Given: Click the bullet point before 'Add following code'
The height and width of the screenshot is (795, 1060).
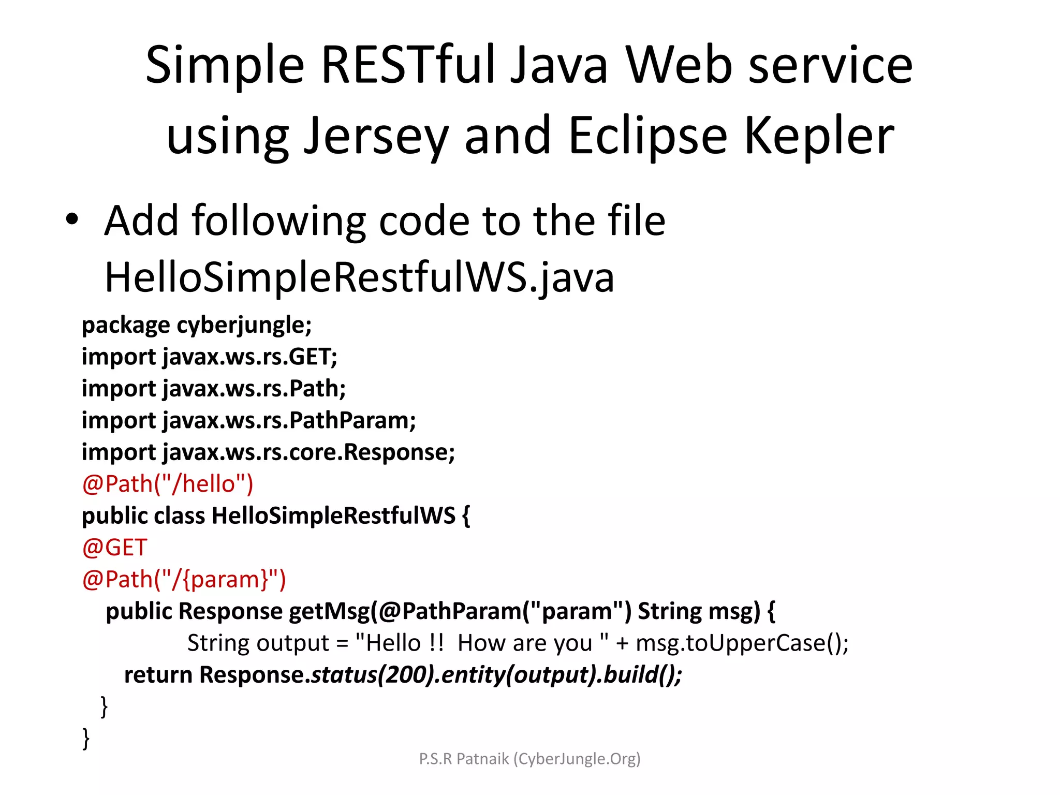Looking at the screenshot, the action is coord(72,219).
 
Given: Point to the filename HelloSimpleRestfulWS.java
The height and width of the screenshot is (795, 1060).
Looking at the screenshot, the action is coord(359,278).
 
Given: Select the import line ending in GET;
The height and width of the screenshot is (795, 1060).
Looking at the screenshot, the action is coord(210,357).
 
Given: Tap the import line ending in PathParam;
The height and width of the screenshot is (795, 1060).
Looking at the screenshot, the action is coord(248,420).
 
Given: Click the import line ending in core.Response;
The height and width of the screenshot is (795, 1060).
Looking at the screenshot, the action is coord(268,452).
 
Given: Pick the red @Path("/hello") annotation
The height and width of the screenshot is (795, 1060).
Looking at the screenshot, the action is coord(168,484).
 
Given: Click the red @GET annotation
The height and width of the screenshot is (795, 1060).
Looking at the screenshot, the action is coord(115,548).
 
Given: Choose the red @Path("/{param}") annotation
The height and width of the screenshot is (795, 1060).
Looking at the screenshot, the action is coord(184,579).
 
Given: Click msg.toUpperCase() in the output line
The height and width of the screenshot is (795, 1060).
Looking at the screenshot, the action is coord(742,643).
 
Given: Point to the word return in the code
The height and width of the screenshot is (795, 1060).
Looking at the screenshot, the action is coord(158,675).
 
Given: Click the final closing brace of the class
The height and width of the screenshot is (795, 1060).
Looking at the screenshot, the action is coord(86,738).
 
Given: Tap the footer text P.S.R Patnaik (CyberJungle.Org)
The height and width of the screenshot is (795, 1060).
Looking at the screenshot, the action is coord(529,759).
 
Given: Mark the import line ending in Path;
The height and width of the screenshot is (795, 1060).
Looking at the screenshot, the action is coord(214,389).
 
